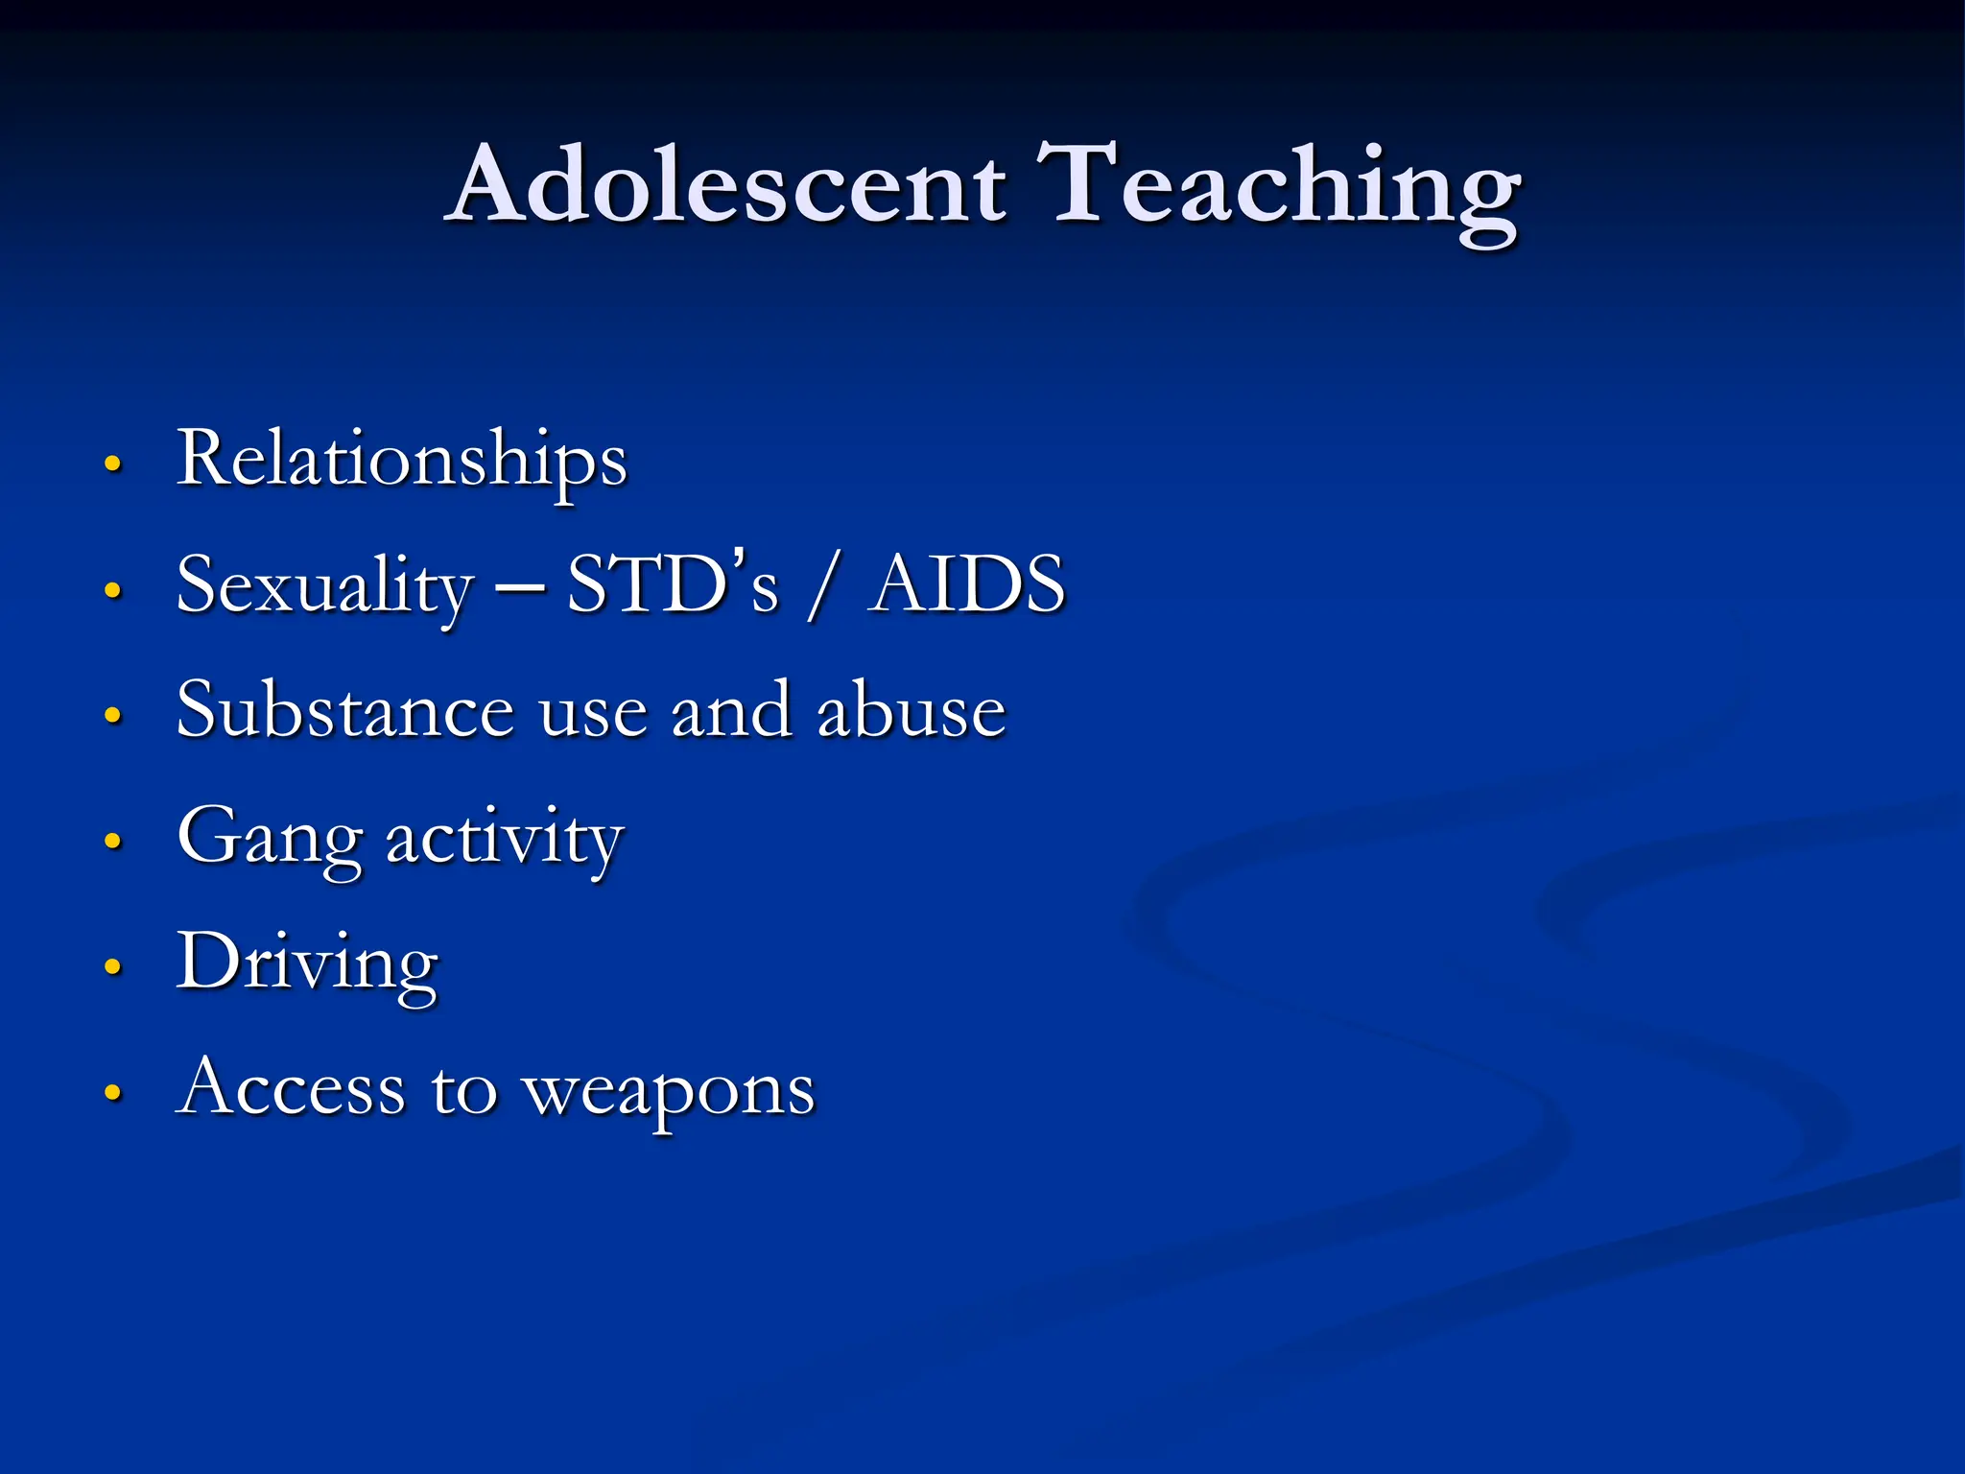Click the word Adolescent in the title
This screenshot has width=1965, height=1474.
[729, 184]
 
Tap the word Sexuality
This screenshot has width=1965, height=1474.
[325, 586]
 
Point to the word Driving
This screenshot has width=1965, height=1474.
[307, 963]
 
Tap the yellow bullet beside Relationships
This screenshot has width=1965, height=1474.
[113, 464]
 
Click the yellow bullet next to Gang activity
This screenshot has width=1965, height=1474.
[113, 842]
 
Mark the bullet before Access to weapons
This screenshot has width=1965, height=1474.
[113, 1093]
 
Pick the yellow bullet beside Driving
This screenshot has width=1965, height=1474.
[113, 967]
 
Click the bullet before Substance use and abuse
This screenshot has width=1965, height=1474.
[113, 716]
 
